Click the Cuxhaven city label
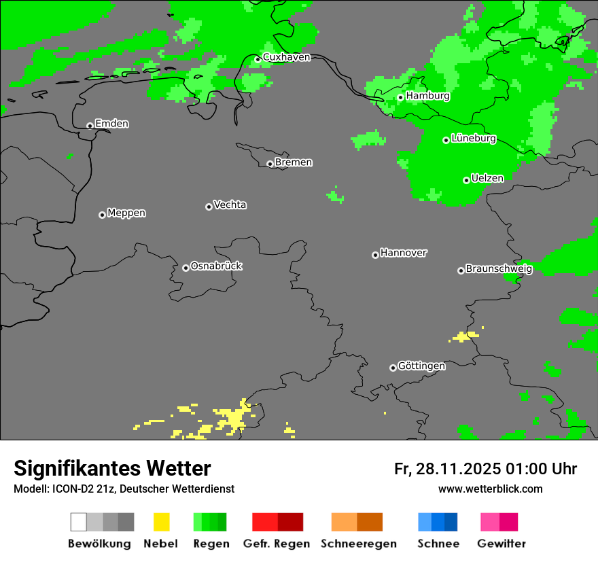pos(286,57)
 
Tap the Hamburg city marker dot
pos(401,97)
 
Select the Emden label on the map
pos(111,124)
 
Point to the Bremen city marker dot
pos(270,164)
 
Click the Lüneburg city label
pos(474,139)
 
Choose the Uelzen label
pos(487,179)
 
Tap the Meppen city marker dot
pos(102,215)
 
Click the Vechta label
pos(230,205)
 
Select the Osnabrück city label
pos(216,266)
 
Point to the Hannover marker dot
pos(375,255)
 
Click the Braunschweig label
pos(499,269)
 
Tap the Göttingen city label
pos(421,366)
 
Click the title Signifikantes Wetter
pos(112,468)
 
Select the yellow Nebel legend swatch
pos(161,522)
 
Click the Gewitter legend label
pos(502,544)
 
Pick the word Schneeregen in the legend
pos(359,544)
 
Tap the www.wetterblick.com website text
pos(490,489)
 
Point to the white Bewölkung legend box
pos(78,522)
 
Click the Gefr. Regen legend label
pos(277,544)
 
